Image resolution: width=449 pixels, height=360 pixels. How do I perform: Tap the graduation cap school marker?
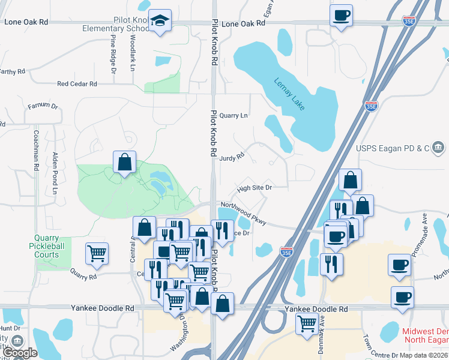pyautogui.click(x=160, y=21)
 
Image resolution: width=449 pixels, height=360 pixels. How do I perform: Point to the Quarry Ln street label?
pyautogui.click(x=234, y=116)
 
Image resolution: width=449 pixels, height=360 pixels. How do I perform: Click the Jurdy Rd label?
pyautogui.click(x=232, y=157)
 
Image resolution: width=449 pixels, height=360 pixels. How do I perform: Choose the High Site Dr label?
pyautogui.click(x=255, y=188)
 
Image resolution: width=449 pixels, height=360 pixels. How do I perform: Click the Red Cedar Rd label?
pyautogui.click(x=77, y=85)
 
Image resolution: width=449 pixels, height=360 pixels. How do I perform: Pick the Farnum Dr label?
pyautogui.click(x=43, y=106)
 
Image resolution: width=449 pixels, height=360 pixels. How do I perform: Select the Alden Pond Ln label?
pyautogui.click(x=55, y=173)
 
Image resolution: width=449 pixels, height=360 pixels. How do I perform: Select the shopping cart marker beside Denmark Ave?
pyautogui.click(x=307, y=323)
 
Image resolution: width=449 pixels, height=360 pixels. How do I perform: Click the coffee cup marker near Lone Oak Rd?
pyautogui.click(x=342, y=16)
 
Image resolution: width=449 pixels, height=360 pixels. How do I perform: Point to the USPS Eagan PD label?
pyautogui.click(x=394, y=148)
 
